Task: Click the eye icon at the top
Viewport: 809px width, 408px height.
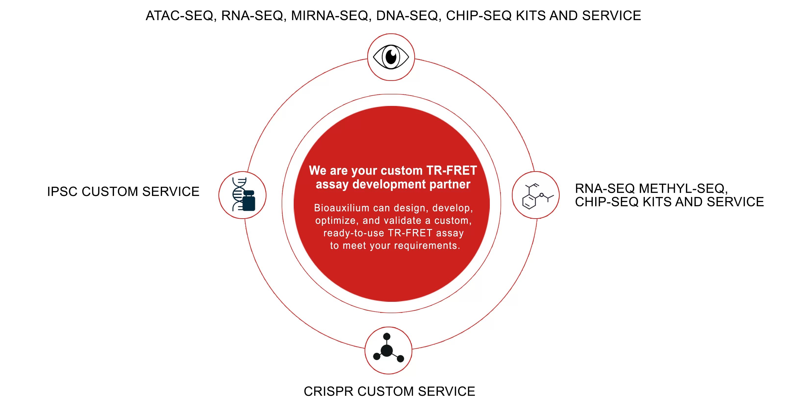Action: coord(391,57)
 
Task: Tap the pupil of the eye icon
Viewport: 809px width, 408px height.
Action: coord(391,57)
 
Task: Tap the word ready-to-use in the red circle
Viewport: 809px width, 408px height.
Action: coord(354,233)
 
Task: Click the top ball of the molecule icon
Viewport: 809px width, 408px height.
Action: coord(387,336)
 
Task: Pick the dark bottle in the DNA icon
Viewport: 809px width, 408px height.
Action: coord(249,201)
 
